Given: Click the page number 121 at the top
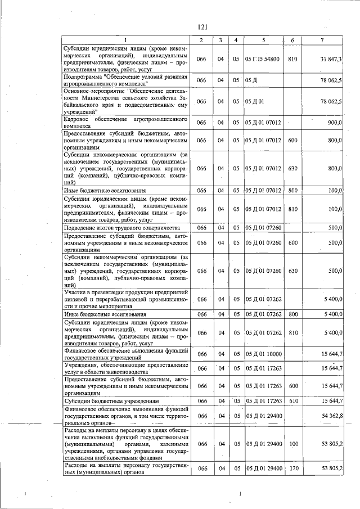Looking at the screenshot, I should [203, 26].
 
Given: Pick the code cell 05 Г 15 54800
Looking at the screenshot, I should [263, 58].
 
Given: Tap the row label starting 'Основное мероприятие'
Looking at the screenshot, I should [125, 101].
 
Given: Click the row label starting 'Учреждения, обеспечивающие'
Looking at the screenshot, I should [125, 368].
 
